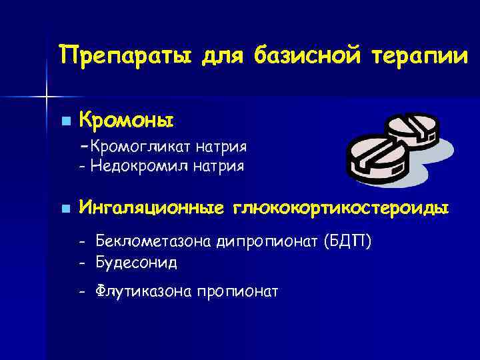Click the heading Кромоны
click(x=126, y=121)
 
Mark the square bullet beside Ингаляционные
click(x=65, y=209)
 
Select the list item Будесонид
click(x=136, y=263)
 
